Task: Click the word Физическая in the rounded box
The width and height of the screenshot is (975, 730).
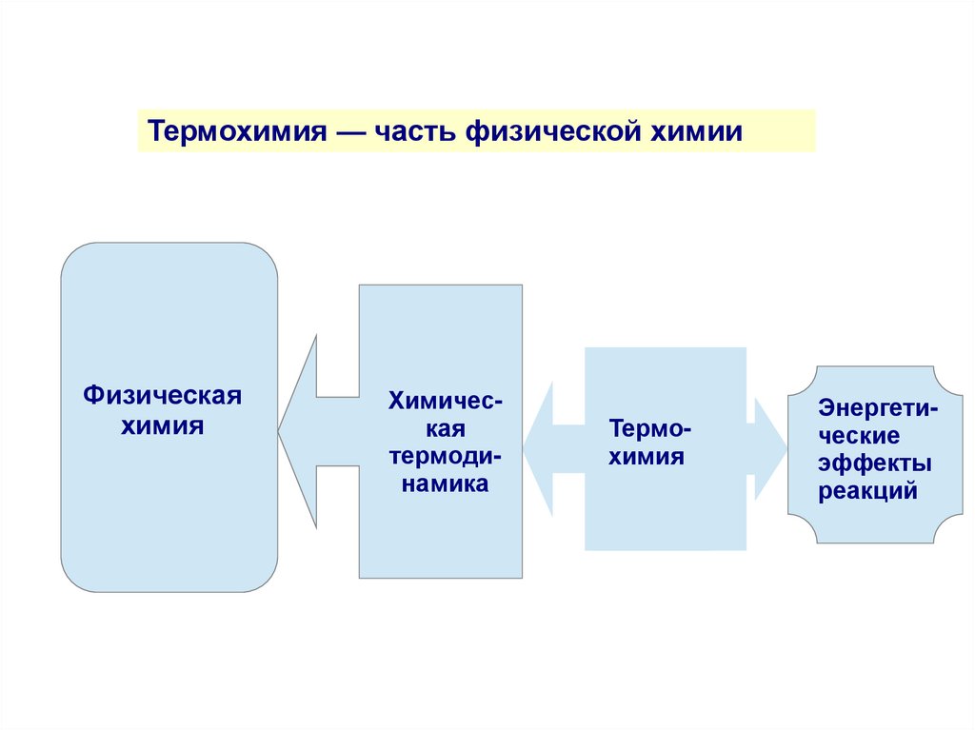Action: (162, 394)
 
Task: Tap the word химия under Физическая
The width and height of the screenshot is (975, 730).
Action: (162, 424)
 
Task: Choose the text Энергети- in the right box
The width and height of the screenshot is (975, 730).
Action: (877, 409)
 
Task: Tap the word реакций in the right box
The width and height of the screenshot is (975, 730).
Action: (867, 492)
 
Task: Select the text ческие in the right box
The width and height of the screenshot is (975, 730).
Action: (859, 437)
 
